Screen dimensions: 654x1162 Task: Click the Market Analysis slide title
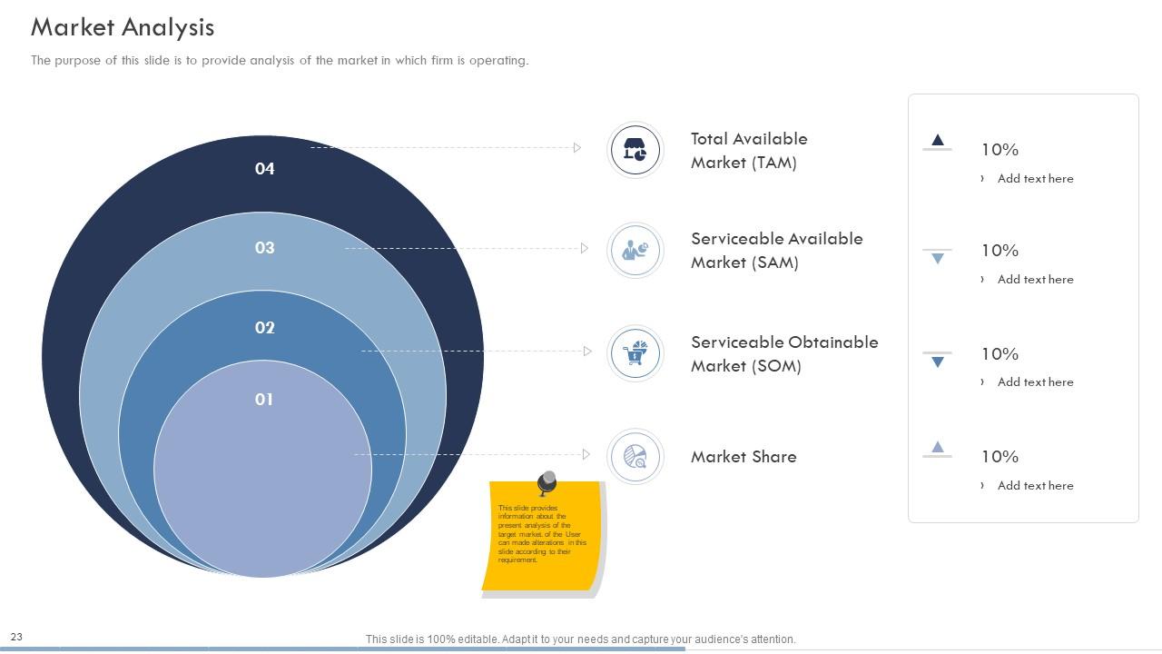coord(123,27)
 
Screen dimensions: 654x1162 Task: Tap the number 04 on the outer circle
coord(264,168)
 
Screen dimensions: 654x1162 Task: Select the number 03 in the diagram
coord(264,247)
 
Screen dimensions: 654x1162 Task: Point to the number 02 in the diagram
coord(264,327)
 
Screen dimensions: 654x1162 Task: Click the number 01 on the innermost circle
coord(263,399)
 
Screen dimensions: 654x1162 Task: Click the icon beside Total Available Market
coord(635,150)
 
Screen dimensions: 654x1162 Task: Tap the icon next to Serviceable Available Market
coord(635,250)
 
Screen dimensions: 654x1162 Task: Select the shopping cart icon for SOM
coord(635,353)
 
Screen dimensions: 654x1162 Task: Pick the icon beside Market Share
coord(635,456)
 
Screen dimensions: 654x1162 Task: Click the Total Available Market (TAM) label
coord(749,151)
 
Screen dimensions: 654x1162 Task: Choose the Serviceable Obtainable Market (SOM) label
coord(784,354)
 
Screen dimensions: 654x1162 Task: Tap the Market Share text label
coord(743,457)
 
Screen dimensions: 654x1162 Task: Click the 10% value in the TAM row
coord(1000,150)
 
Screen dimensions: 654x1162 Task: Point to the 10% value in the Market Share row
coord(1000,457)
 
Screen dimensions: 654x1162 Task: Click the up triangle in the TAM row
coord(938,140)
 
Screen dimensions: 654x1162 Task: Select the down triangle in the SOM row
coord(938,362)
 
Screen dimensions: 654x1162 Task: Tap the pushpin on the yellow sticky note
coord(547,481)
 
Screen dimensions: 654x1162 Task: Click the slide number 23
coord(16,638)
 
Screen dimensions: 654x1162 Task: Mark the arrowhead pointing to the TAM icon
coord(576,147)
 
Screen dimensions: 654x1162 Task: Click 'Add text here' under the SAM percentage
coord(1035,280)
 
